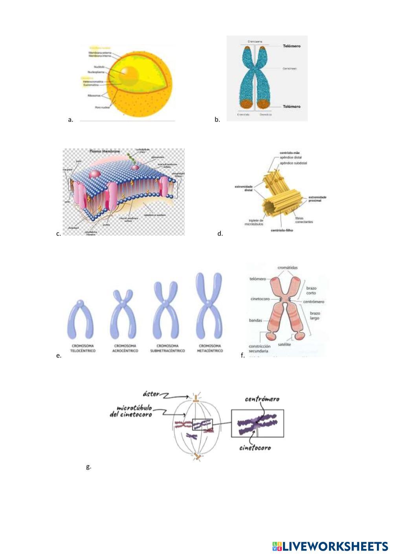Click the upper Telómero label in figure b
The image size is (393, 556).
click(292, 46)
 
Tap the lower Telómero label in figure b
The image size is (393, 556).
click(292, 107)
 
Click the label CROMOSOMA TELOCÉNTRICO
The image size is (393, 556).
click(83, 348)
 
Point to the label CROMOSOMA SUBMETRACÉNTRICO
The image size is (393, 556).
click(167, 348)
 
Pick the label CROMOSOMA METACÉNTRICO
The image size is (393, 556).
click(210, 348)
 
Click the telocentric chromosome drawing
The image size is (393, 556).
click(81, 319)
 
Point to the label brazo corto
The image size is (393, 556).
click(311, 291)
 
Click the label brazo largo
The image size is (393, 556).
click(315, 315)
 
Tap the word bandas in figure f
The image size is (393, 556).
click(255, 320)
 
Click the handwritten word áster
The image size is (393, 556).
click(151, 394)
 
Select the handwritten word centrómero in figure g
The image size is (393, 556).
click(262, 400)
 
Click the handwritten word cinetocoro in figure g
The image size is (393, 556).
click(255, 448)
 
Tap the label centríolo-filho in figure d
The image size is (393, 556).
click(282, 230)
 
